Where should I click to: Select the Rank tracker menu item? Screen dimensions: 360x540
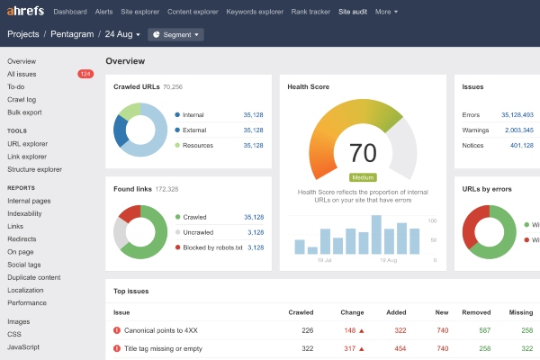310,12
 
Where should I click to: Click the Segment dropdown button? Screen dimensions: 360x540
175,34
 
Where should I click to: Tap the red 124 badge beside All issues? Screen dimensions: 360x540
85,74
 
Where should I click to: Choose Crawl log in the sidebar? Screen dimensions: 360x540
22,99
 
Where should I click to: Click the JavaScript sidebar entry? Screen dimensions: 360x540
24,346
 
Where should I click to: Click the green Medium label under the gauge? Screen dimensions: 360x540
363,177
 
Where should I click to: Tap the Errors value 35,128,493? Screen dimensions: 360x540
511,115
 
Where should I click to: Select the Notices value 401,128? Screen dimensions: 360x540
521,145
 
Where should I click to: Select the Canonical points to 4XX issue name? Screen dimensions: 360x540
160,331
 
